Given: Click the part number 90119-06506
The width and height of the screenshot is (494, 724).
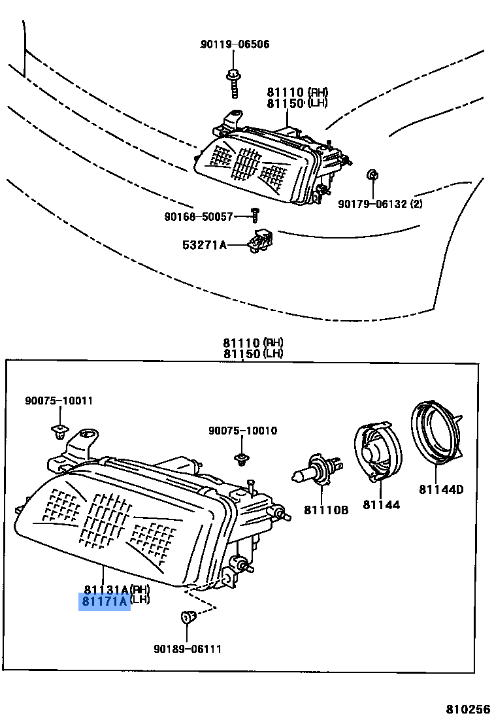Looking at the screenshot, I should pos(235,44).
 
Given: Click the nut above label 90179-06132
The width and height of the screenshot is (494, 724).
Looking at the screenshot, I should pos(372,174).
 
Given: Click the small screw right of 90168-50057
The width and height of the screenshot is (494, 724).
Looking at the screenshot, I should pos(255,214).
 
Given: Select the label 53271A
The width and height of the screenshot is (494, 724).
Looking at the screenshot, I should pos(205,245).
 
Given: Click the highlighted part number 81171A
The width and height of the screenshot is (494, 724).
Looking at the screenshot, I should pos(105,602).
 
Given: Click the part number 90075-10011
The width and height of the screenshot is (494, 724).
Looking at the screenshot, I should pos(59,401).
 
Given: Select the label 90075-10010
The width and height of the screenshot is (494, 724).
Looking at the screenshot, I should pos(242,431).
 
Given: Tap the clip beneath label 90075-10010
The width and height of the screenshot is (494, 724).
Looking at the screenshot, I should pos(242,459).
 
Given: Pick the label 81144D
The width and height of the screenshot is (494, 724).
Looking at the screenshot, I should pos(441,489).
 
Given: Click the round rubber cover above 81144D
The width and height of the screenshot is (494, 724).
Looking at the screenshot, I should pos(434,434).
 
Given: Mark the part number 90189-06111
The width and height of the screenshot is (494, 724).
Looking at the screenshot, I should pos(188,649).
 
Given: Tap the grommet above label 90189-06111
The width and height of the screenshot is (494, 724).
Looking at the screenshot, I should pos(187,616).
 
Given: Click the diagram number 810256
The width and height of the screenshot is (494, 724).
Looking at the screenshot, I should pos(468,710).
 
